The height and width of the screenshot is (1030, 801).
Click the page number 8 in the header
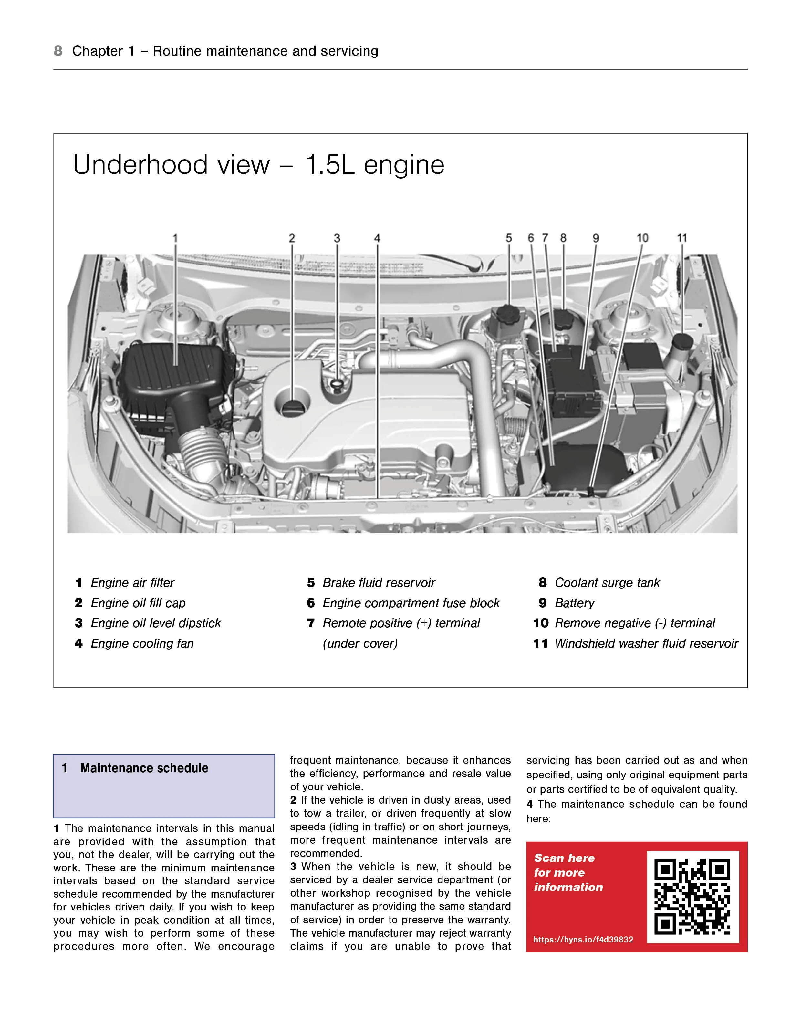coord(58,51)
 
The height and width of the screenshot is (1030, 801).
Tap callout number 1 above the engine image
coord(175,238)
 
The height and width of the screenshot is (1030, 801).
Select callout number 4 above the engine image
coord(377,238)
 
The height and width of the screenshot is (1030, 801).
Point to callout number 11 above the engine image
coord(682,238)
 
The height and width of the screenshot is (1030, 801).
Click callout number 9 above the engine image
coord(596,238)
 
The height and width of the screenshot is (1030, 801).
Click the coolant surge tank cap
coord(563,319)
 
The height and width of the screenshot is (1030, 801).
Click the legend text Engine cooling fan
coord(142,643)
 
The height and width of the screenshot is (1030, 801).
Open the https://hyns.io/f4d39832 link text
coord(583,940)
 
